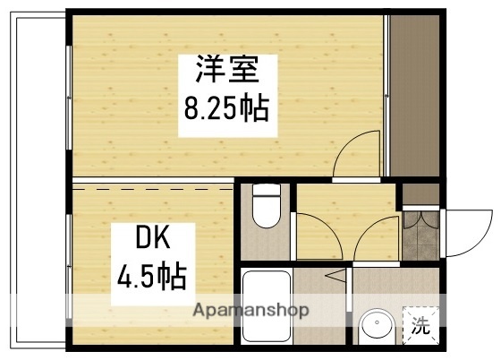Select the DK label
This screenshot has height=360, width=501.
[x=152, y=241]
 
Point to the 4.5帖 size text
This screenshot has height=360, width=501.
[x=151, y=276]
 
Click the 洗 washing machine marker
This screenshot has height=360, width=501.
[x=419, y=326]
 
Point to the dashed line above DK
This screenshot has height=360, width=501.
[x=152, y=190]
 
